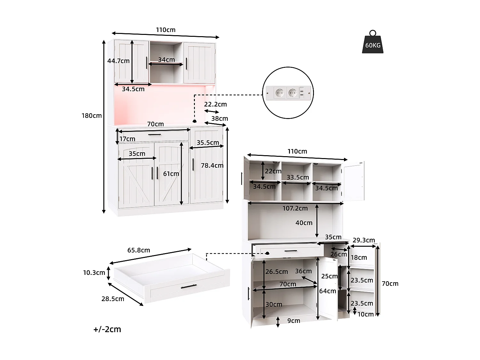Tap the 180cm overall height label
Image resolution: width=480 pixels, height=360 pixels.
92,116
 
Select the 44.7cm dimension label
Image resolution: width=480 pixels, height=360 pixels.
118,61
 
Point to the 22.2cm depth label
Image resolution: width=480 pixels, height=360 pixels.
215,104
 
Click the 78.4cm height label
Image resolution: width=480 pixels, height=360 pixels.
212,165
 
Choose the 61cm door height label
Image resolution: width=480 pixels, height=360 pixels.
171,174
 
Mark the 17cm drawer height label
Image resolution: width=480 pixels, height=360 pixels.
127,139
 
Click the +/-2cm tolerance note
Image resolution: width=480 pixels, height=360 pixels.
107,329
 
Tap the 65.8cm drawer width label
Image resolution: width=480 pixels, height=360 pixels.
139,250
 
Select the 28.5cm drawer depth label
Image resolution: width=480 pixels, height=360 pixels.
113,299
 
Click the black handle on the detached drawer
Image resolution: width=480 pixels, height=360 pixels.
188,286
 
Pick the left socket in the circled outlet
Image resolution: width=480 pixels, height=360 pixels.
279,93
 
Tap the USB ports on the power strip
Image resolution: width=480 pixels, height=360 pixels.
301,93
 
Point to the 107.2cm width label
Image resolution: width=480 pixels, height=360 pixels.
295,208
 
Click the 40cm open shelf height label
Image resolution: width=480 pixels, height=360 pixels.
304,223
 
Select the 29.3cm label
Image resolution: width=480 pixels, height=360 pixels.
364,240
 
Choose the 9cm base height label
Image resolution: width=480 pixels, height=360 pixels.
293,321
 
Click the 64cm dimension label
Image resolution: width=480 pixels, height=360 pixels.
327,291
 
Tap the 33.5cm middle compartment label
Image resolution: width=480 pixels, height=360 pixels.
298,177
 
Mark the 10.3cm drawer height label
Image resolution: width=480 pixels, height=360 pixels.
94,273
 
